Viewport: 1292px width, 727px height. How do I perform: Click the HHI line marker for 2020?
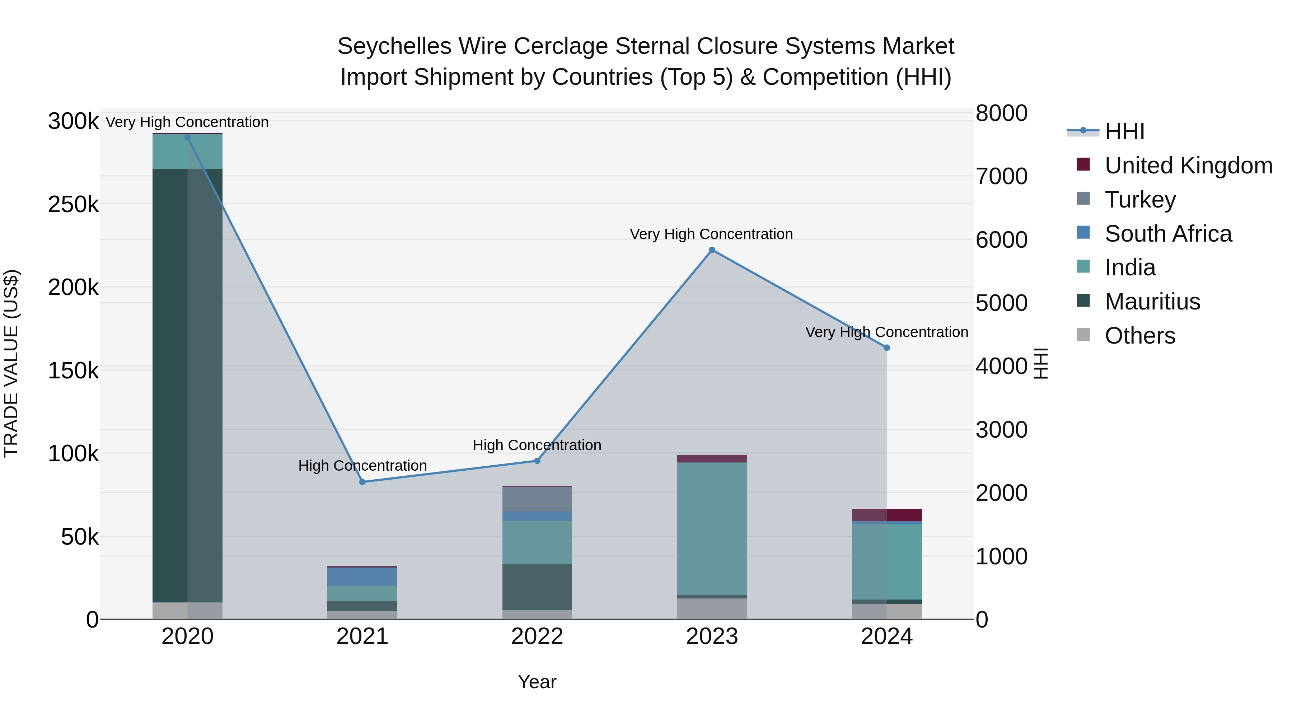tap(188, 138)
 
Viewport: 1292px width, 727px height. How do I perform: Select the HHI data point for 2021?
tap(362, 482)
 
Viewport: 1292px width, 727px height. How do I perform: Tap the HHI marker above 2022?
tap(537, 461)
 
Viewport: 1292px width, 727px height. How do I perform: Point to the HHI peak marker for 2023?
tap(712, 250)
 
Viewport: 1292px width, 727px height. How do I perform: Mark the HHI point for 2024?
tap(887, 348)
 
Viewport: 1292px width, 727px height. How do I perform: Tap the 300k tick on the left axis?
tap(73, 121)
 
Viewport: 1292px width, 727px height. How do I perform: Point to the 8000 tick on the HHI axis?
tap(1001, 113)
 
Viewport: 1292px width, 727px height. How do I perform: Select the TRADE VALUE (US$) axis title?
tap(11, 363)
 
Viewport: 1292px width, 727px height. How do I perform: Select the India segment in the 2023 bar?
tap(712, 527)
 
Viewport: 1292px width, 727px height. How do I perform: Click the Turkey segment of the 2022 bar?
tap(537, 499)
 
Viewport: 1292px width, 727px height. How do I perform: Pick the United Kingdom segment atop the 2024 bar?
tap(887, 515)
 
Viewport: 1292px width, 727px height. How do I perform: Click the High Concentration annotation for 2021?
tap(362, 466)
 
